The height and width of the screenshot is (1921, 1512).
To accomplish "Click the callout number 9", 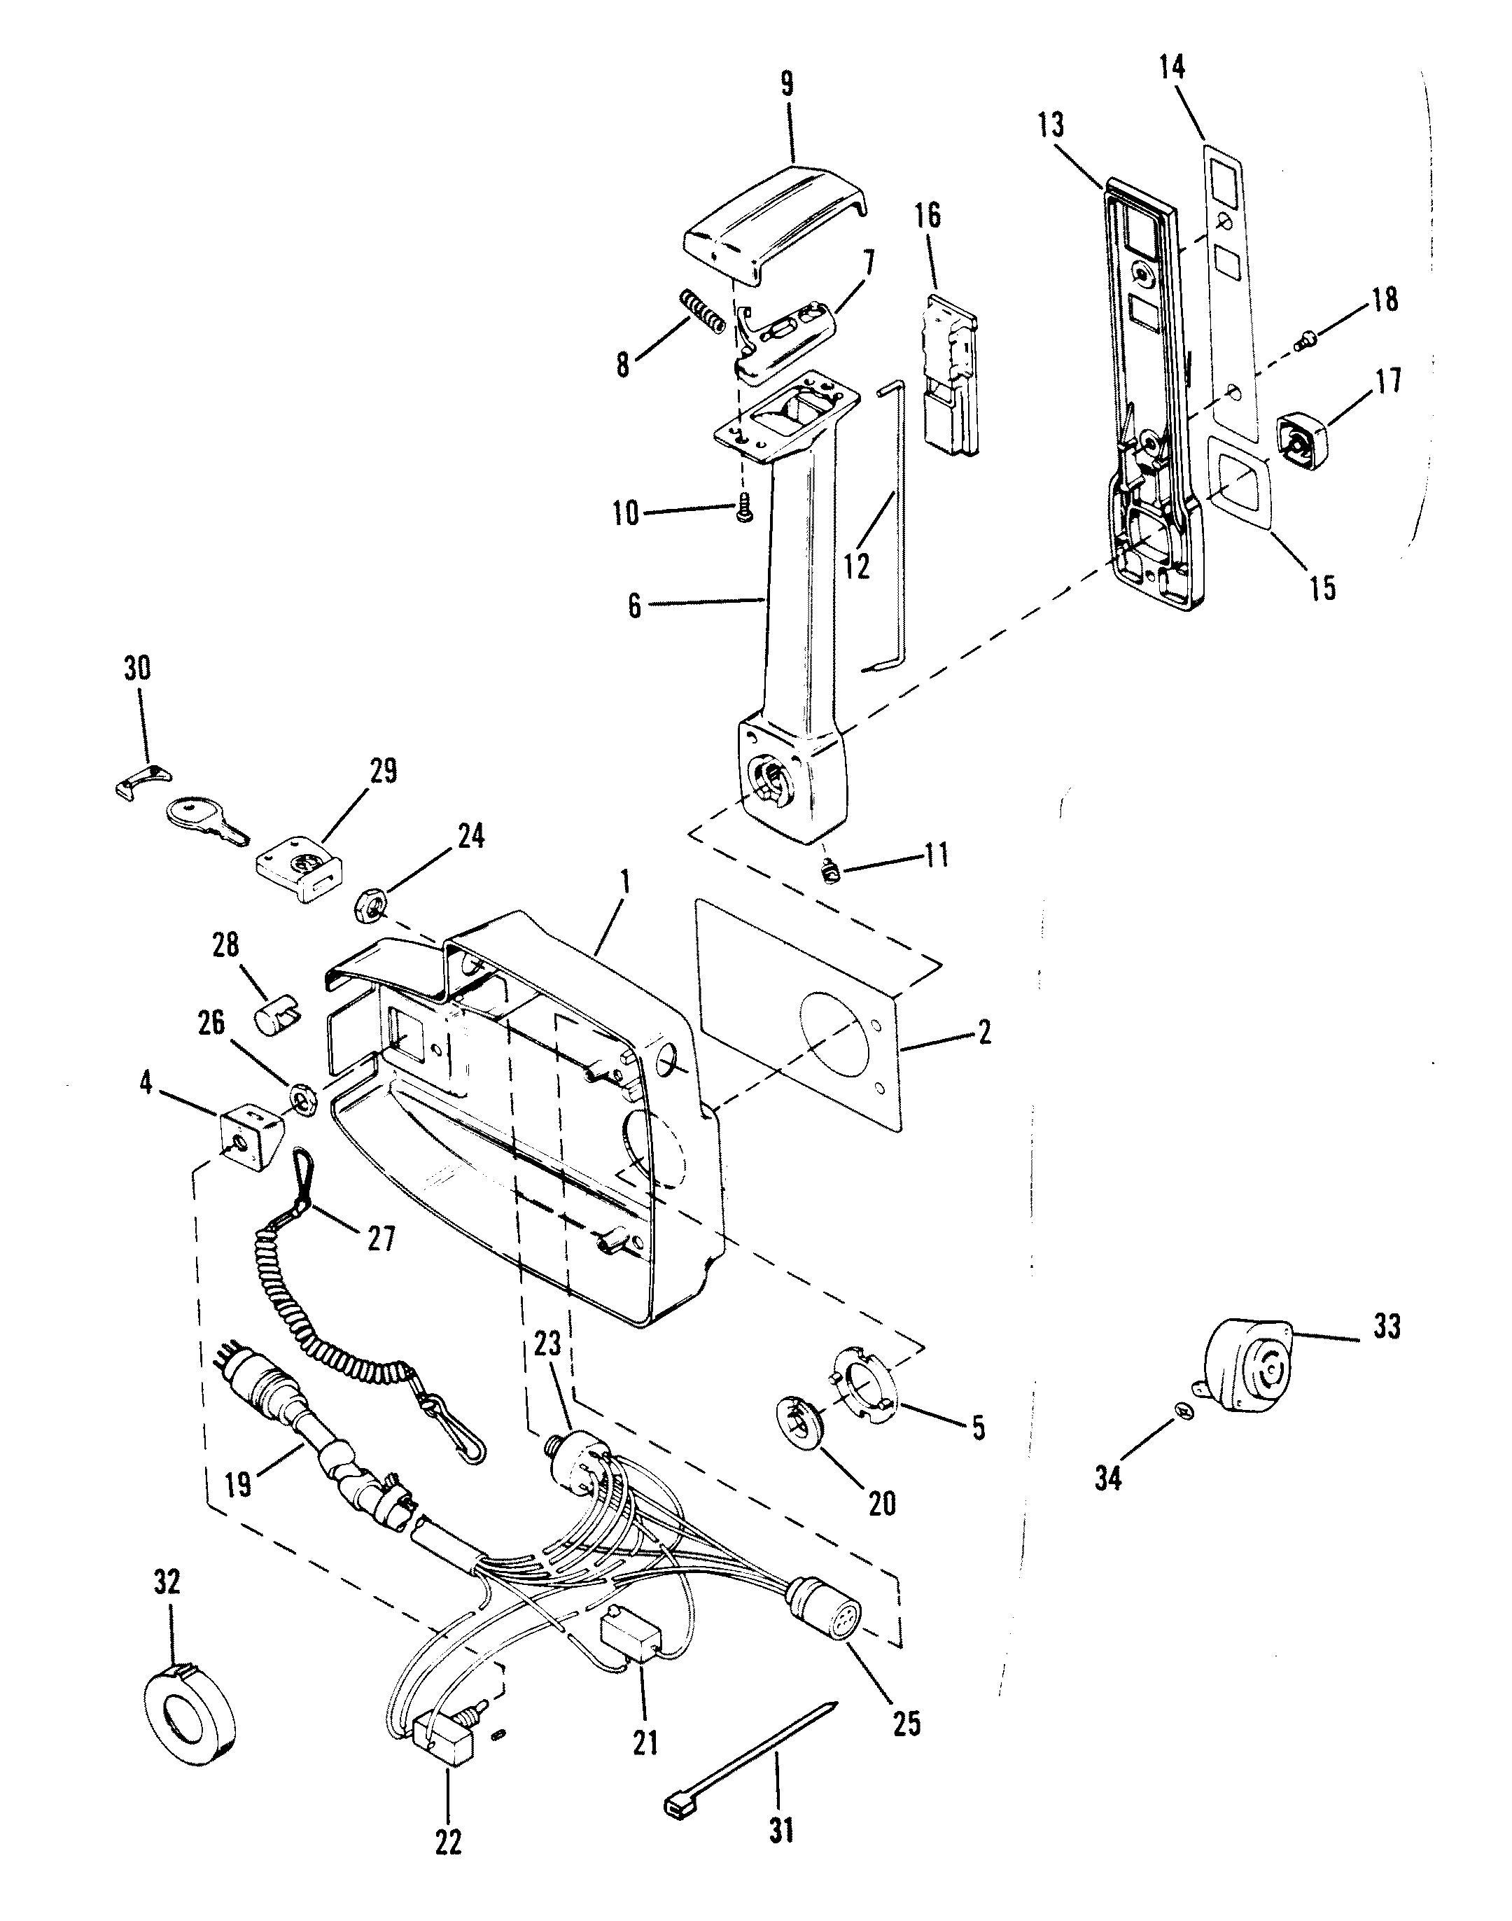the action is [787, 84].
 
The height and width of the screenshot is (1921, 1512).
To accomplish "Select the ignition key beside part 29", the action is [207, 820].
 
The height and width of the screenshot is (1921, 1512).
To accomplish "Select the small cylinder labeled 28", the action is [277, 1012].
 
